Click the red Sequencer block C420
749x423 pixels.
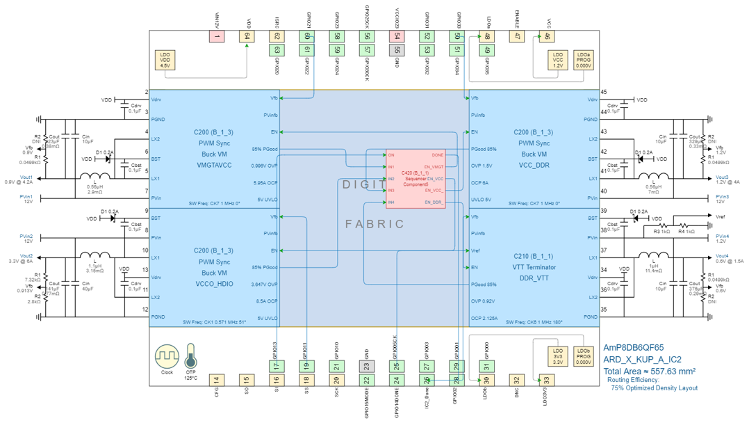[415, 179]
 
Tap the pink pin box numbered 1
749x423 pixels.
[217, 36]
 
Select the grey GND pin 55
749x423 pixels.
[397, 50]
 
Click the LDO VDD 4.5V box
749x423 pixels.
[165, 59]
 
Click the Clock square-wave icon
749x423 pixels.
[167, 357]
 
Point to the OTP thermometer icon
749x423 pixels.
[190, 359]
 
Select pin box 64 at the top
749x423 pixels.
[247, 36]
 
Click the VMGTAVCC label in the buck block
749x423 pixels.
[213, 166]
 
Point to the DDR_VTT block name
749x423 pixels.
[534, 278]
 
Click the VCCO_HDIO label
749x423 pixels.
[213, 285]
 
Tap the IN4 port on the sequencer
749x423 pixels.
[391, 202]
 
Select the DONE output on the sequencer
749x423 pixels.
[437, 155]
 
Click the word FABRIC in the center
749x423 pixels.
[374, 224]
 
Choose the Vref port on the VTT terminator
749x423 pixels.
[475, 250]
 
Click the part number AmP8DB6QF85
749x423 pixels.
[633, 347]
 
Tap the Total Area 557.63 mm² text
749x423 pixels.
[649, 372]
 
